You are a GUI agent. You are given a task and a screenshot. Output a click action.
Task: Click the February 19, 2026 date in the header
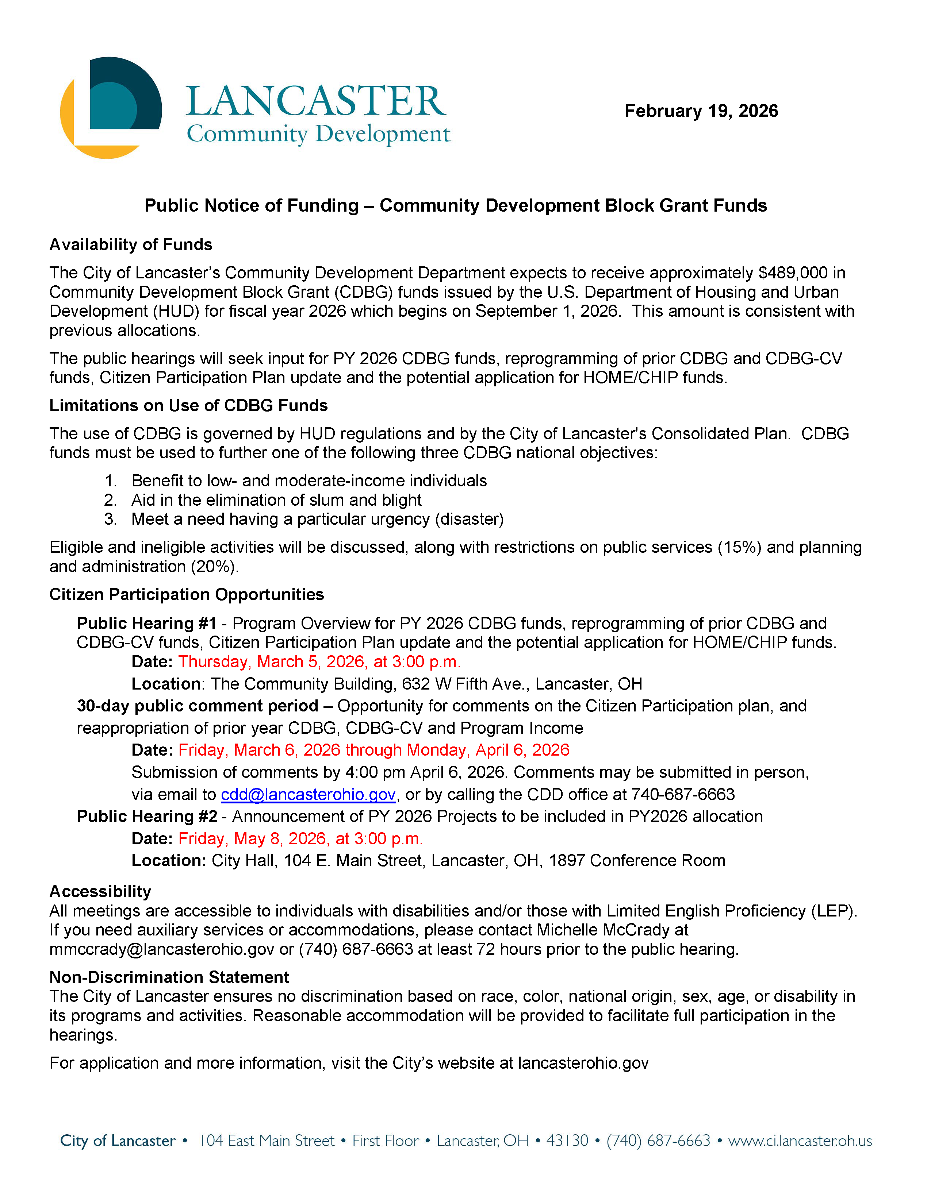coord(701,111)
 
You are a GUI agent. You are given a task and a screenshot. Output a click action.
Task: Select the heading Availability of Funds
coord(131,245)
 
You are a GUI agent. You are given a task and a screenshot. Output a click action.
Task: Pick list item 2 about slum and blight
coord(276,500)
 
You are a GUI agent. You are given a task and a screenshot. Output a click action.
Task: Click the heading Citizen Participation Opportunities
coord(187,595)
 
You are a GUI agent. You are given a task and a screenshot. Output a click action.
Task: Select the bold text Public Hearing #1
coord(146,624)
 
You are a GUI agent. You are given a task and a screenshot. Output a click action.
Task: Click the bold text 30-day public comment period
coord(197,706)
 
